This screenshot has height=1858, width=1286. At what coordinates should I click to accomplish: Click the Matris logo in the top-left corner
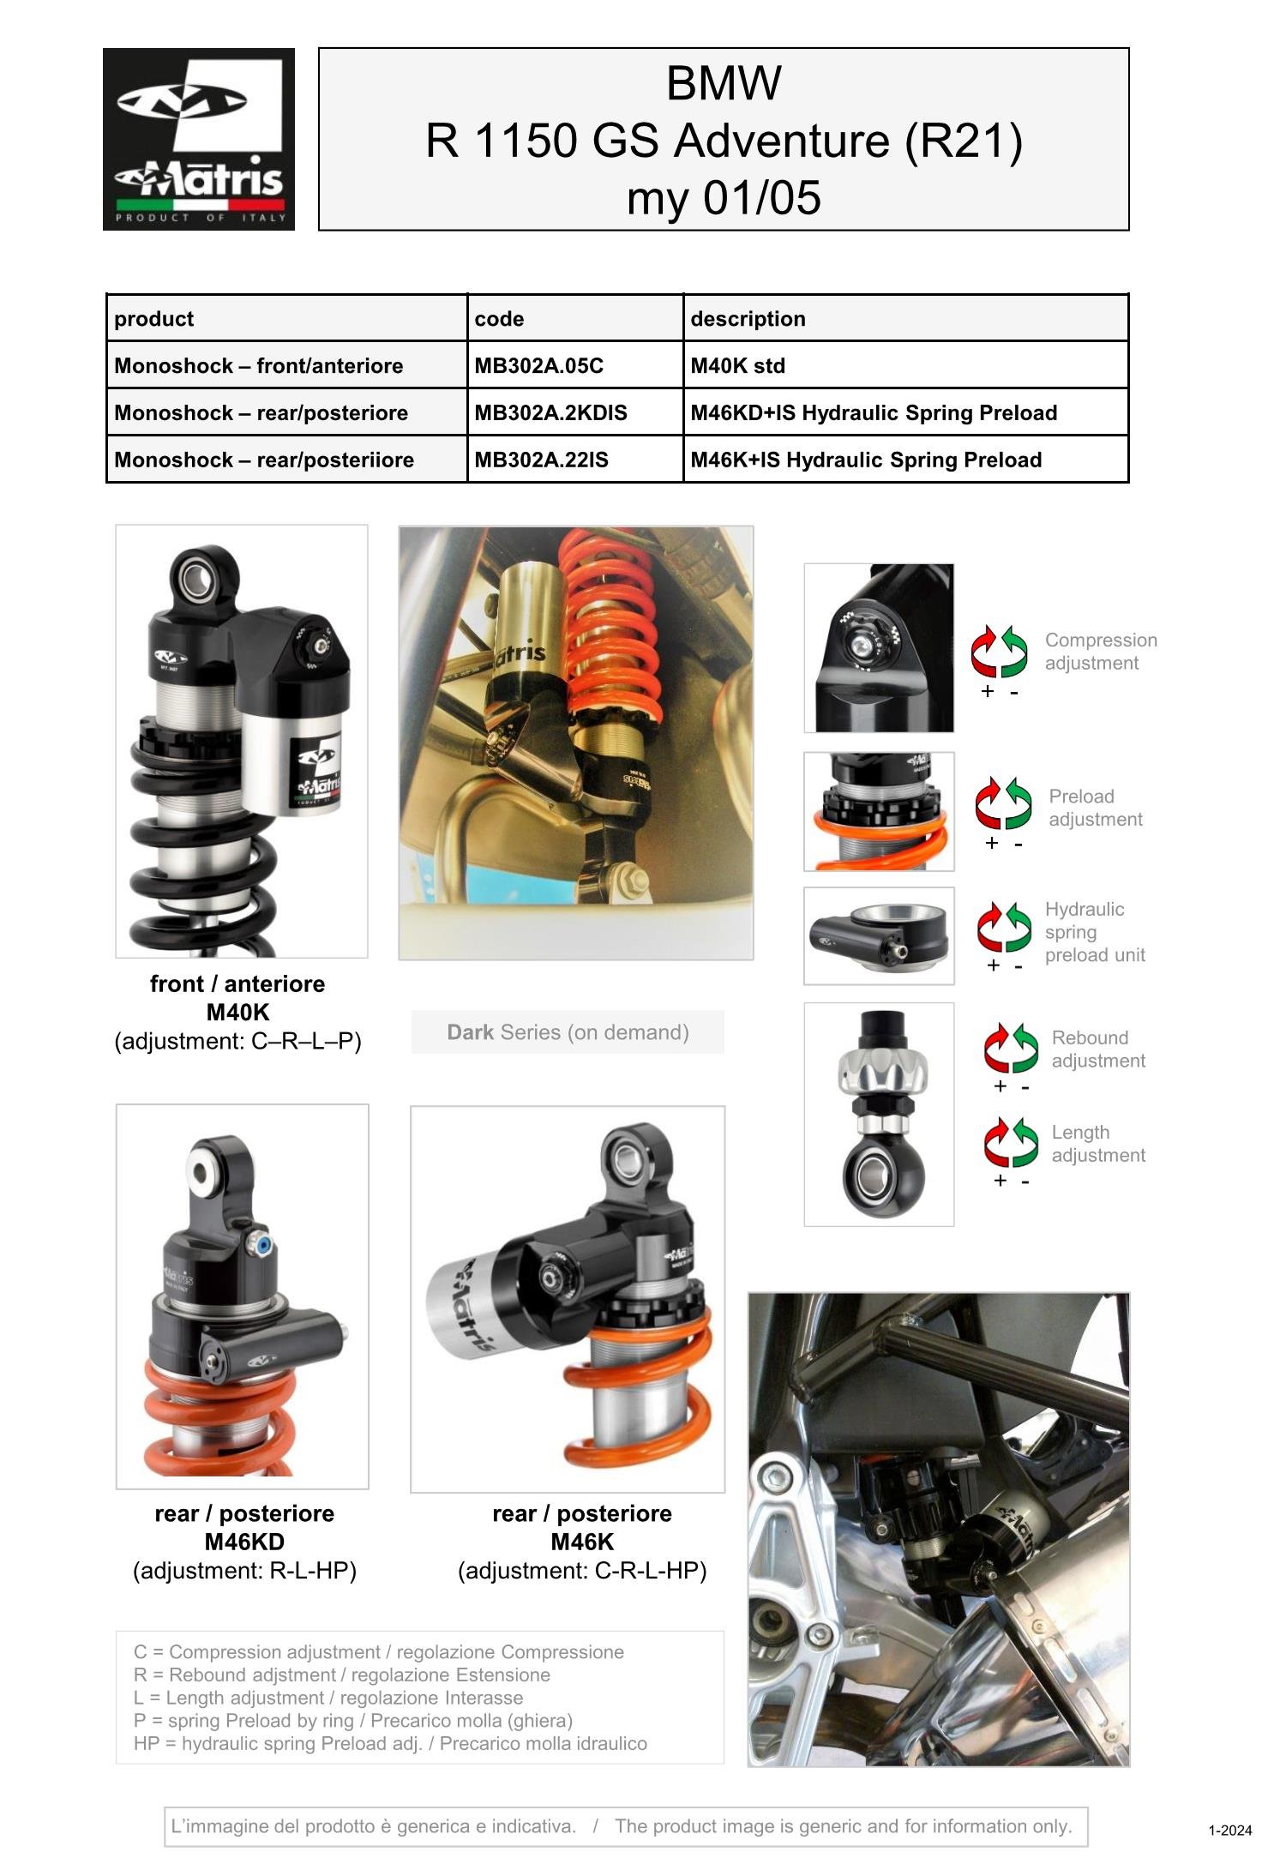click(x=199, y=139)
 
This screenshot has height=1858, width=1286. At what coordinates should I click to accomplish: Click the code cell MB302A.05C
click(x=575, y=365)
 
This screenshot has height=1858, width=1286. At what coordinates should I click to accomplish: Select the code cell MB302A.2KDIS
click(x=575, y=412)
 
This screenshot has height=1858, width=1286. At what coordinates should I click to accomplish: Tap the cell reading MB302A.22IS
click(x=575, y=460)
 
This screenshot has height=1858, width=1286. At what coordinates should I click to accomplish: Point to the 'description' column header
click(x=748, y=319)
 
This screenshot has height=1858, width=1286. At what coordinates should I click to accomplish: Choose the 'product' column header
click(x=154, y=319)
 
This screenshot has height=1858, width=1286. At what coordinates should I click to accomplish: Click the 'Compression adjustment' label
click(x=1101, y=652)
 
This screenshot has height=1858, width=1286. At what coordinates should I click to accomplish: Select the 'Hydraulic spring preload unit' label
click(x=1095, y=932)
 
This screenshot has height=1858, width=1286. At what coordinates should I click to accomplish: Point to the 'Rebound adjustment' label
click(x=1098, y=1049)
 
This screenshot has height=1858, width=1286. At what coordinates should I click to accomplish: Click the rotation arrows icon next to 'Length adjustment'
click(x=1011, y=1142)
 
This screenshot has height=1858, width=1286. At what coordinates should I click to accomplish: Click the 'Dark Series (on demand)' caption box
click(x=568, y=1032)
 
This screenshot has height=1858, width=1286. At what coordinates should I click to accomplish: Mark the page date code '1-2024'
click(x=1230, y=1830)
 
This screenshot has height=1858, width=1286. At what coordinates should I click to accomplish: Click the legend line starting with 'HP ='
click(x=390, y=1743)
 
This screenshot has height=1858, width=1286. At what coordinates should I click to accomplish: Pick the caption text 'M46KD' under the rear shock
click(x=244, y=1542)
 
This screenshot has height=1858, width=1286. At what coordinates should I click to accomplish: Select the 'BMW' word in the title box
click(x=724, y=83)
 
